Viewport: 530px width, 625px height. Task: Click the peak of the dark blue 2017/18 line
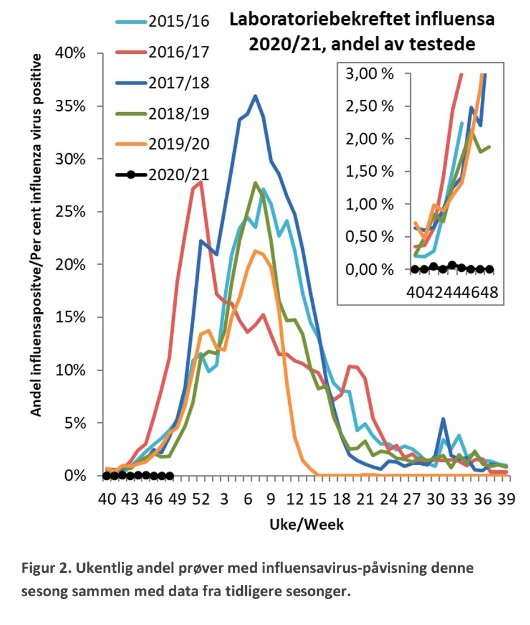(x=255, y=96)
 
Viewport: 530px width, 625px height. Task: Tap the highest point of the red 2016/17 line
(x=201, y=182)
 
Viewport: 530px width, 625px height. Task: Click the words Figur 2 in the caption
(x=48, y=567)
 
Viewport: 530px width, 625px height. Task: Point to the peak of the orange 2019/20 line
(x=256, y=250)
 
